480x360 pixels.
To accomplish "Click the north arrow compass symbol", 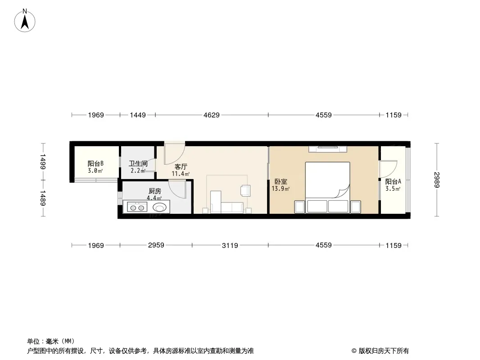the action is pos(25,21).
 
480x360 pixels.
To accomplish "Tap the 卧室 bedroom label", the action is pos(281,182).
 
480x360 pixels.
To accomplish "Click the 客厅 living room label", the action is pos(181,166).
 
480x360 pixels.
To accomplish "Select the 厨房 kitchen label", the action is pos(154,191).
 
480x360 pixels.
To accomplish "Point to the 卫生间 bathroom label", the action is pos(138,164).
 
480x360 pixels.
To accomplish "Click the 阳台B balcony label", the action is pos(95,164).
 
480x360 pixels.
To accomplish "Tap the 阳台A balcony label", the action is pos(393,182).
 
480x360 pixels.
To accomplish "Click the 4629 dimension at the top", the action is pos(212,115).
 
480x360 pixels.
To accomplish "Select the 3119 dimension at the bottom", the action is pos(230,245).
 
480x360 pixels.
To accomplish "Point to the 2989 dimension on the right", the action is pos(437,180).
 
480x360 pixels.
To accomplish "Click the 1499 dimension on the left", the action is pos(43,162).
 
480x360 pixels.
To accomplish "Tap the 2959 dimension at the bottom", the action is pos(156,245).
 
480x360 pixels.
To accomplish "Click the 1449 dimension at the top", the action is pos(138,115).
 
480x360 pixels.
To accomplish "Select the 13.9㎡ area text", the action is pos(281,189).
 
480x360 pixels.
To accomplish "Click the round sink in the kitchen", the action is pos(159,208).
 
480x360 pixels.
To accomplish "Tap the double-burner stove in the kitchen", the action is pos(137,208).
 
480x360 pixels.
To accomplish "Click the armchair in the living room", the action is pos(245,190).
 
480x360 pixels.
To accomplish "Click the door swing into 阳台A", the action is pos(388,169).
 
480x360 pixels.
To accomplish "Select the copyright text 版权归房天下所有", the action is pos(384,351).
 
